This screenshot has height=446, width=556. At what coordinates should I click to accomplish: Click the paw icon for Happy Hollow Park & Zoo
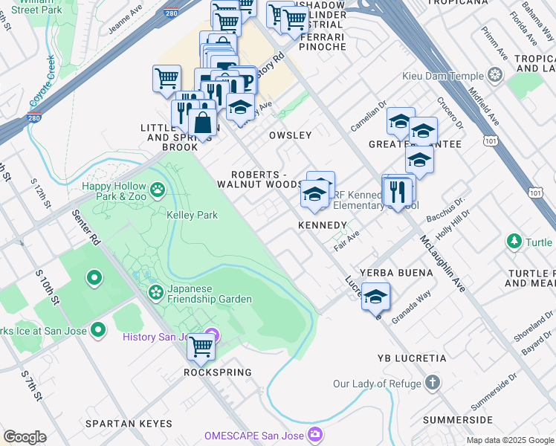(x=158, y=190)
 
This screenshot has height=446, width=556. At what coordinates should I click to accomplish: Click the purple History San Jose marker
(x=211, y=336)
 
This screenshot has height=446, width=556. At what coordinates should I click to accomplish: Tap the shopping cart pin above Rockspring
(x=200, y=346)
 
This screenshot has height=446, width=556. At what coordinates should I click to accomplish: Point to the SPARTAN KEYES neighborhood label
(x=129, y=424)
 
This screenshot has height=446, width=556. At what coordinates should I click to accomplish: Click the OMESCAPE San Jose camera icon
(x=315, y=433)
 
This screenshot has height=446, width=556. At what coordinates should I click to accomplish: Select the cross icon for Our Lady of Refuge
(x=433, y=383)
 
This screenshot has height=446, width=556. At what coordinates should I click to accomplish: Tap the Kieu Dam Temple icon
(x=494, y=75)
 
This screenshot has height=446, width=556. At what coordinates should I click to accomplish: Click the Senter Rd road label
(x=85, y=228)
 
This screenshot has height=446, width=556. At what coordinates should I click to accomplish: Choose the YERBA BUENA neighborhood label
(x=396, y=273)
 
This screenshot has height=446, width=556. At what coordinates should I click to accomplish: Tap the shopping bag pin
(x=202, y=123)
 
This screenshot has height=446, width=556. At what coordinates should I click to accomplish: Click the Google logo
(x=25, y=437)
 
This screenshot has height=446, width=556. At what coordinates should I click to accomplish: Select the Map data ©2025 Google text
(x=509, y=440)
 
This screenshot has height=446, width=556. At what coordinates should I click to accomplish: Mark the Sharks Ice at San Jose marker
(x=97, y=331)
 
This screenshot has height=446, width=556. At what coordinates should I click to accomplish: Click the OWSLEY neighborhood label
(x=290, y=135)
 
